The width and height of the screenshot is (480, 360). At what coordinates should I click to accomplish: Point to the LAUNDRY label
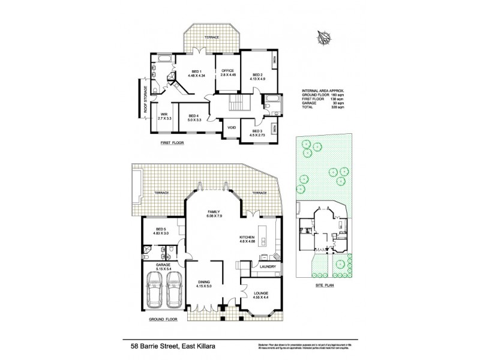pyautogui.click(x=267, y=267)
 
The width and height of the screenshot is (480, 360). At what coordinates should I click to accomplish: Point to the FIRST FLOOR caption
pyautogui.click(x=171, y=143)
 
